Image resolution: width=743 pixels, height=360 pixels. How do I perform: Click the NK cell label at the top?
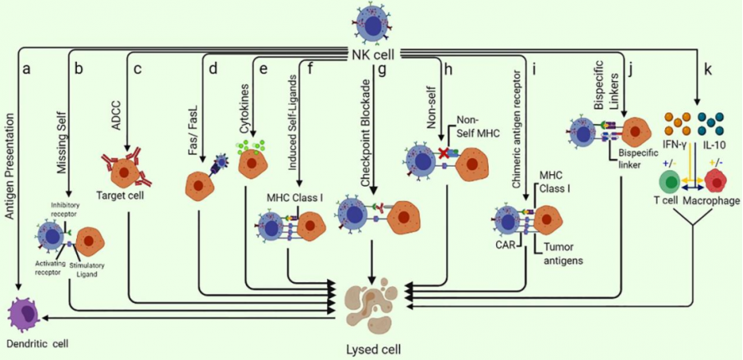(371, 54)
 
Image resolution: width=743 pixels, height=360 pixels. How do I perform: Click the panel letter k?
(708, 69)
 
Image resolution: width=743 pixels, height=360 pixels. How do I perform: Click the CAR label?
(503, 245)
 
